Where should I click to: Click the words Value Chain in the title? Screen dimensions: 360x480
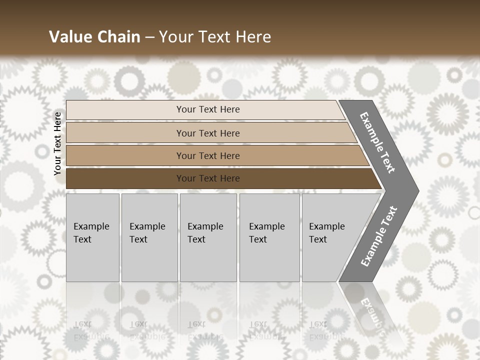[x=94, y=37]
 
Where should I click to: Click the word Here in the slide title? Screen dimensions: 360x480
[x=253, y=37]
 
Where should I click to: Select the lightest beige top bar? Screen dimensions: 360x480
[x=125, y=110]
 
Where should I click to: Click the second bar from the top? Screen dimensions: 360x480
[x=125, y=133]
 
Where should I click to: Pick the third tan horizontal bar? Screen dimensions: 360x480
[x=125, y=155]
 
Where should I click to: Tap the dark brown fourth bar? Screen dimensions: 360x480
[x=125, y=178]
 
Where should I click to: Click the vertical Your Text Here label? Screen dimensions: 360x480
[x=58, y=143]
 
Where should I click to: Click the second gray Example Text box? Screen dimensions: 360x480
[x=149, y=237]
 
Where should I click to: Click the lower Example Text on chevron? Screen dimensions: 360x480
[x=378, y=236]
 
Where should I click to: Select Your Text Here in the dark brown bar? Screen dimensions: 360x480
[x=208, y=178]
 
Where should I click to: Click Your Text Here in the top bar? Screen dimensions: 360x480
[x=208, y=109]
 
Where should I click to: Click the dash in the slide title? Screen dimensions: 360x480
[x=149, y=37]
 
